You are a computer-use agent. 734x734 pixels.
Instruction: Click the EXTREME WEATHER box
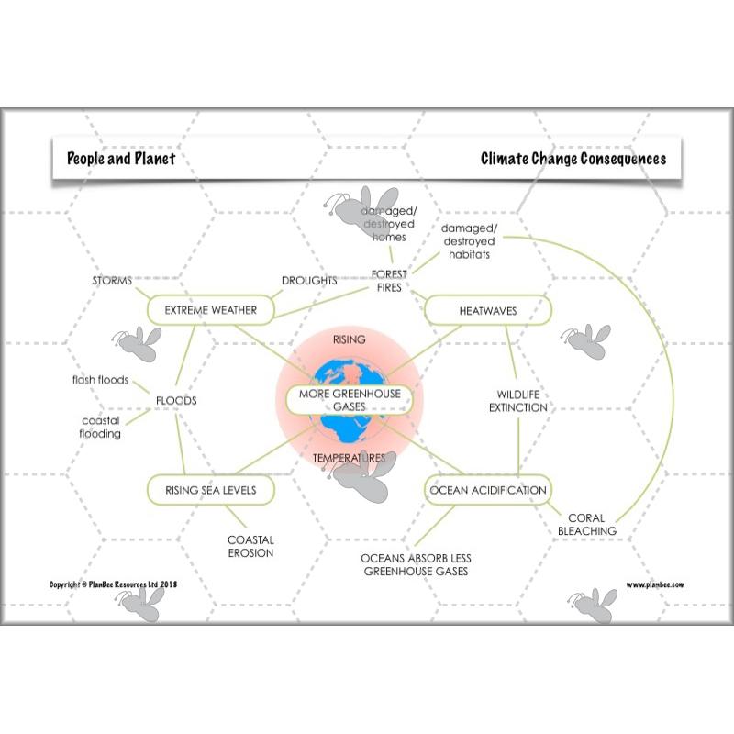(x=211, y=310)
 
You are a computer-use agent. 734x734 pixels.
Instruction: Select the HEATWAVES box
(x=487, y=311)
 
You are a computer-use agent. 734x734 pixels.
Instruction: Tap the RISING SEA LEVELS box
(x=210, y=490)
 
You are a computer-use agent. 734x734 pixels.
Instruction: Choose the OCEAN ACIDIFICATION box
(x=488, y=490)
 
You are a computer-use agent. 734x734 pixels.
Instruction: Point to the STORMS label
(x=112, y=280)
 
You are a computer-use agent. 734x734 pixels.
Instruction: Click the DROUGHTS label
(x=309, y=281)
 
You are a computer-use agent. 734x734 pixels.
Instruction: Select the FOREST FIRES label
(x=389, y=280)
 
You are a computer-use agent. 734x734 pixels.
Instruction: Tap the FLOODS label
(x=176, y=401)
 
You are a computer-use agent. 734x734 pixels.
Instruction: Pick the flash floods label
(x=101, y=380)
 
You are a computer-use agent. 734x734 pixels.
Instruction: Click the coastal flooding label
(x=101, y=427)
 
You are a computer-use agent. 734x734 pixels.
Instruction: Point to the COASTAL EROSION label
(x=250, y=546)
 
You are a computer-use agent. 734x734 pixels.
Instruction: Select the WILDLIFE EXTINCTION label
(x=517, y=400)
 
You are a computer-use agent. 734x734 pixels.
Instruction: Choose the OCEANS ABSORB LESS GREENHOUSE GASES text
(x=416, y=564)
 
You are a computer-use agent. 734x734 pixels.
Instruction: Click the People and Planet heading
(x=121, y=158)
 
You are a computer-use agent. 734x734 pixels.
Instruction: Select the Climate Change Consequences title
(x=573, y=158)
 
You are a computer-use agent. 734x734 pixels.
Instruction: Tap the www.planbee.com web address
(x=655, y=584)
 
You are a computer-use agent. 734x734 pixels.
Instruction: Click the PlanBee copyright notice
(x=113, y=584)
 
